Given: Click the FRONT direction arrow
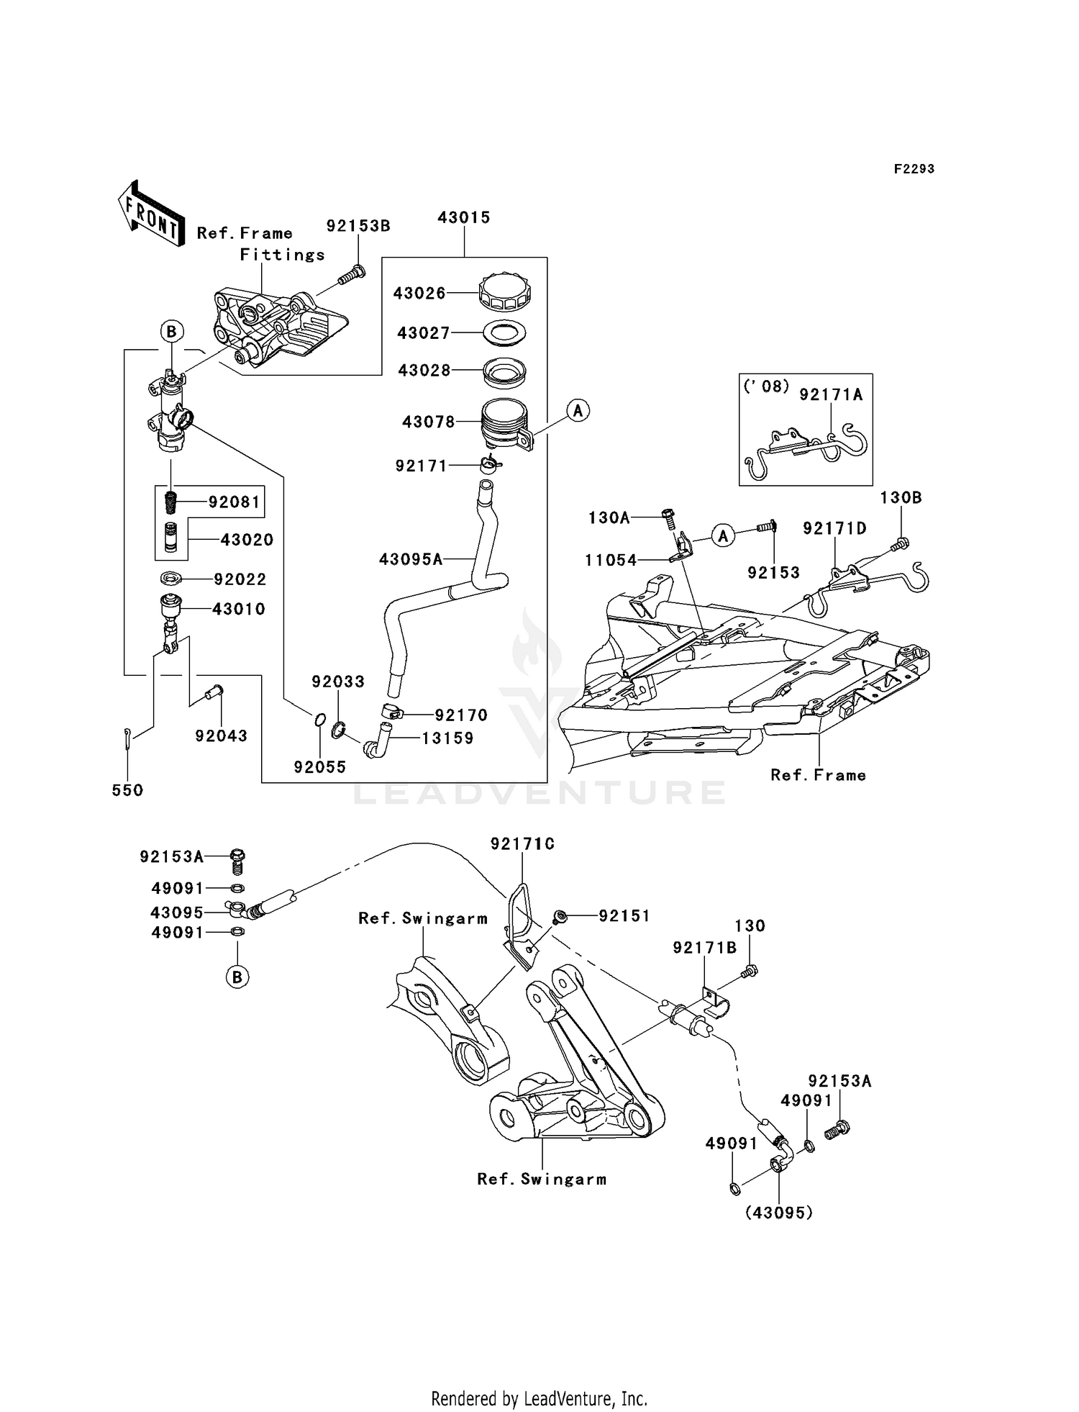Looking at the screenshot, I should (150, 214).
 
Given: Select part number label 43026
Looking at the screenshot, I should (419, 294).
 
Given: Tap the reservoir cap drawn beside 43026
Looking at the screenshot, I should (505, 291).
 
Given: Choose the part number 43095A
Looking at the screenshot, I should (411, 559).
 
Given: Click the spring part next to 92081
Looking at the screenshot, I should (171, 502).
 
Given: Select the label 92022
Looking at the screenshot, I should (240, 579).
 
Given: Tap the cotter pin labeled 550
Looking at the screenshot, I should (127, 740).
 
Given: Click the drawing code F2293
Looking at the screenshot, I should (914, 169).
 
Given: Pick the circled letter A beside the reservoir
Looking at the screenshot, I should (578, 411).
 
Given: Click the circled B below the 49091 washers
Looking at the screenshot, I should (237, 977).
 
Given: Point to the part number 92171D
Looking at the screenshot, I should (834, 528).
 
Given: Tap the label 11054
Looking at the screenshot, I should (611, 560).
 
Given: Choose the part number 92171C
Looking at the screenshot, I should (522, 844).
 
